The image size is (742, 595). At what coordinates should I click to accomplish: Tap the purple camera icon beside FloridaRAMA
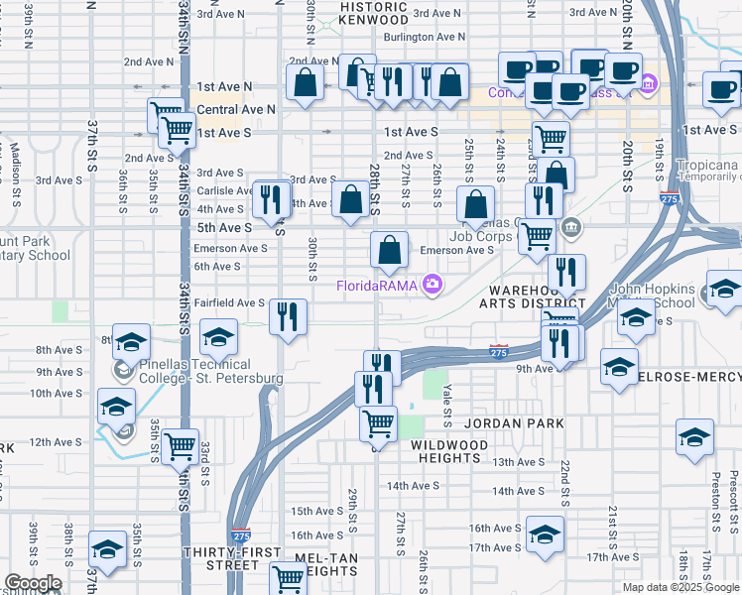click(432, 286)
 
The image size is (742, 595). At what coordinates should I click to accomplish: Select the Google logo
click(33, 583)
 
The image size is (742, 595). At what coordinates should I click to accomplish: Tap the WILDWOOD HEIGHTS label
click(449, 453)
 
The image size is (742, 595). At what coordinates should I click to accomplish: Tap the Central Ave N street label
click(236, 109)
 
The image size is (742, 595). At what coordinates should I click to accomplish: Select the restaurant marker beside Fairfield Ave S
click(288, 317)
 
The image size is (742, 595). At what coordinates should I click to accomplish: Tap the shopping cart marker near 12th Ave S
click(180, 445)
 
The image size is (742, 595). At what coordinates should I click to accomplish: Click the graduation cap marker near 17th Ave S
click(544, 535)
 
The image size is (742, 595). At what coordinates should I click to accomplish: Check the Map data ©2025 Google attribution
click(680, 587)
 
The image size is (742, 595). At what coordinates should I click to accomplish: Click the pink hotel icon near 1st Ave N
click(649, 84)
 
